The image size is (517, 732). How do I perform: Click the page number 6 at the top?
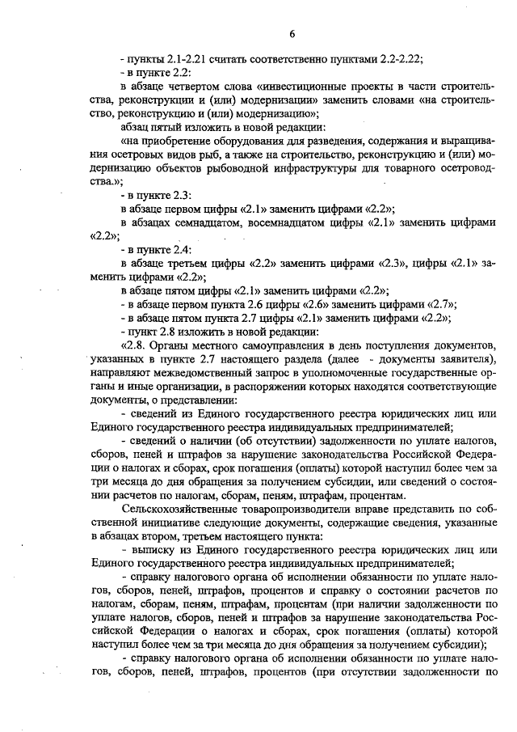pos(292,33)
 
